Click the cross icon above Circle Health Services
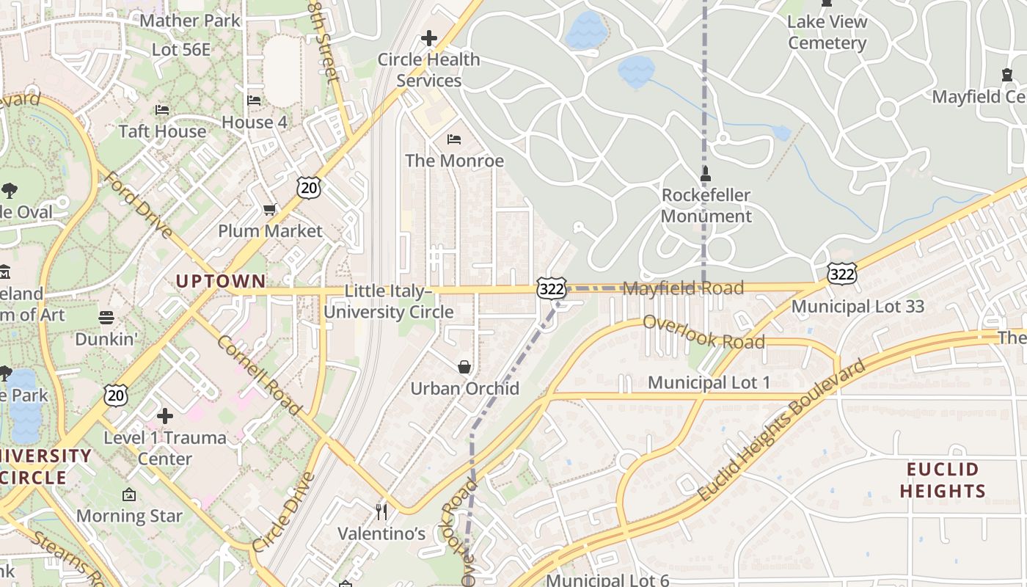pos(428,38)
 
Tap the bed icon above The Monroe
pos(454,139)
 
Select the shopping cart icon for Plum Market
pos(270,210)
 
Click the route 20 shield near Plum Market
pos(309,188)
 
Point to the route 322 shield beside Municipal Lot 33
pos(841,274)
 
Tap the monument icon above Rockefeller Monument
pos(706,175)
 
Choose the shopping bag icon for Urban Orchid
pos(464,367)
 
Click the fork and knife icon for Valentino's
pos(381,511)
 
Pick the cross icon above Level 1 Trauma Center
pos(165,416)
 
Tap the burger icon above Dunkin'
pos(106,318)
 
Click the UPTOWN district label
pos(220,281)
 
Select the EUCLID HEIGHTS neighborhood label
pos(943,481)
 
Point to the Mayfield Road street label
pos(683,288)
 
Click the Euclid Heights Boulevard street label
pos(781,431)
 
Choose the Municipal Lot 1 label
pos(709,382)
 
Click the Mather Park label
pos(190,21)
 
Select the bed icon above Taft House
pos(162,110)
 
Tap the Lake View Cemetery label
pos(827,32)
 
